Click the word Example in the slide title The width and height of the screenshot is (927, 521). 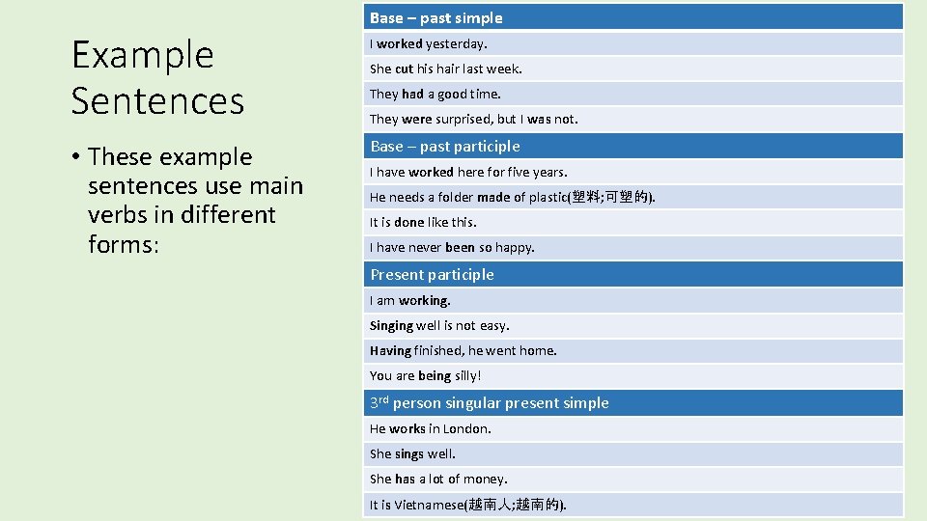(142, 55)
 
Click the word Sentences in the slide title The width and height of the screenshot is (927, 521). (157, 100)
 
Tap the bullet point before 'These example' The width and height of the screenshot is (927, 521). (75, 157)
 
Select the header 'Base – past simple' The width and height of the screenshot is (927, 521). (436, 17)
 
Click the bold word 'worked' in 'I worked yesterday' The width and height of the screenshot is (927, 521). (400, 43)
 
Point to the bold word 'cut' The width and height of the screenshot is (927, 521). (404, 69)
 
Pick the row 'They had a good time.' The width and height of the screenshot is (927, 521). (435, 94)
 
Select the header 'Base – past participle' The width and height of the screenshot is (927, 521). (445, 146)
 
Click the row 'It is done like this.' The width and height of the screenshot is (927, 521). (423, 222)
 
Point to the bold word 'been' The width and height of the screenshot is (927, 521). (460, 247)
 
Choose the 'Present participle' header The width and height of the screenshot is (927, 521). (432, 274)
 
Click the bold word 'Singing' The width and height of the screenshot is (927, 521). (391, 325)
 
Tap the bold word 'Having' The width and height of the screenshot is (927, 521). (390, 350)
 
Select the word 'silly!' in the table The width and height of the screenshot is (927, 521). (467, 375)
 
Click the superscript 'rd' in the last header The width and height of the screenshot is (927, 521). (383, 398)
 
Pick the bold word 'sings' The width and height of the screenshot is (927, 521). (409, 453)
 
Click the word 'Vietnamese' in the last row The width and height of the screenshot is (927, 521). (430, 505)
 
